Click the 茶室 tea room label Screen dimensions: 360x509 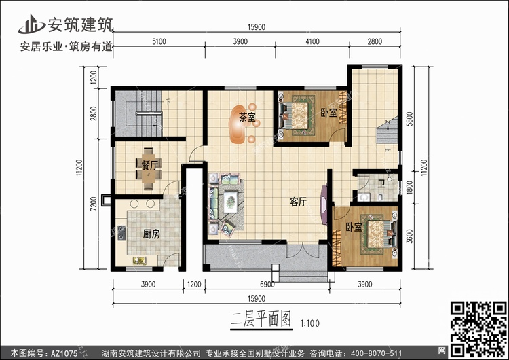(x=247, y=118)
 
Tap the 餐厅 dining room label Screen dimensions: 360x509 (x=150, y=165)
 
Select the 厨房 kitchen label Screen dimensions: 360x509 (x=151, y=234)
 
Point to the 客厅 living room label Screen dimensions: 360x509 (x=299, y=202)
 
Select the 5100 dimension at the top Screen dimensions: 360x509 (x=158, y=42)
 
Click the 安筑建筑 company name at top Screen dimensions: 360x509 (x=80, y=24)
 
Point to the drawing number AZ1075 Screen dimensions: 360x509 (x=63, y=353)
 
